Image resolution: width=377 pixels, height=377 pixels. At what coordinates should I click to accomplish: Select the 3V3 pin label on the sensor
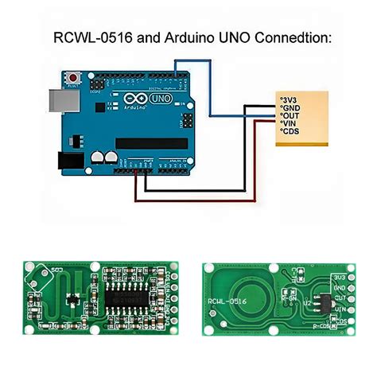tap(288, 99)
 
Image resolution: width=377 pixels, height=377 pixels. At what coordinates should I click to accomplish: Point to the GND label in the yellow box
tap(290, 107)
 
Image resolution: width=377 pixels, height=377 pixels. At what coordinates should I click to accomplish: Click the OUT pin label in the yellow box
tap(290, 116)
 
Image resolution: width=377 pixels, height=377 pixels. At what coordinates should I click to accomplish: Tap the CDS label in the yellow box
tap(290, 134)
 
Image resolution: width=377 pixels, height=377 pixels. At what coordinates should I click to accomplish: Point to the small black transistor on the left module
tap(71, 300)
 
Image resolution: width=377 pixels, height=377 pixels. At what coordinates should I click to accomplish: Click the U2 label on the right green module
tap(306, 302)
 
